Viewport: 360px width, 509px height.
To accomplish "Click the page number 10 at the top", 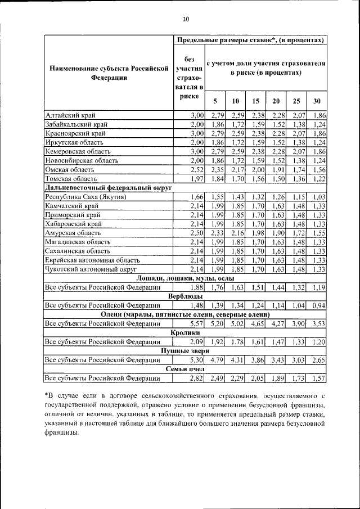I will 186,20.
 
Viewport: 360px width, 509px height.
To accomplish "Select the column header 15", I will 255,101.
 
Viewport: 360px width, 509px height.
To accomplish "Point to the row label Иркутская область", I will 72,142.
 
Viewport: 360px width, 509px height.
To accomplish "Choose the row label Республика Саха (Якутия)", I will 85,197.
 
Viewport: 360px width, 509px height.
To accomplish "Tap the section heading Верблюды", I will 186,296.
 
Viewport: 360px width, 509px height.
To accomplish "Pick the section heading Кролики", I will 186,333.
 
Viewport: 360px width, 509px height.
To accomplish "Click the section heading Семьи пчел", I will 186,369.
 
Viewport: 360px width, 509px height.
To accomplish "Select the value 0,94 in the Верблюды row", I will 319,305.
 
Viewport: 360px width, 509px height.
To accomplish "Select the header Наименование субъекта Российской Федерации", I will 109,73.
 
